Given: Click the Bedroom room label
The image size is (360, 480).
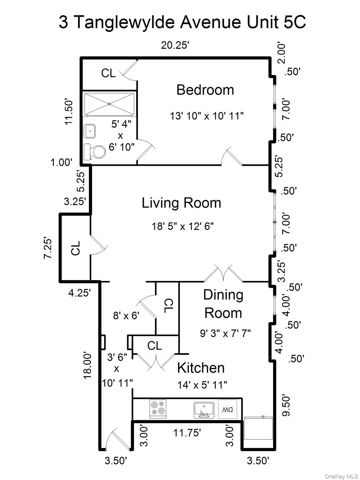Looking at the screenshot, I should [x=205, y=90].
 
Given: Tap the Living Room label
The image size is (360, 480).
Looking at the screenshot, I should [x=181, y=203].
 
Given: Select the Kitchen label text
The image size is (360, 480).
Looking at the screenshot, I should [x=201, y=368].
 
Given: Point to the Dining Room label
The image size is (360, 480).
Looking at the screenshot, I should [x=223, y=304].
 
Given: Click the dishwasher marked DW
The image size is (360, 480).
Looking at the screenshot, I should [x=227, y=409].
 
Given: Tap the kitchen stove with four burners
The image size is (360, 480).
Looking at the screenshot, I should [x=158, y=409].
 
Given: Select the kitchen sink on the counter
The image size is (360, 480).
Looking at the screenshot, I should [x=203, y=409].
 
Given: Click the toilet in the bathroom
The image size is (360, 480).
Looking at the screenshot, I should [x=95, y=152].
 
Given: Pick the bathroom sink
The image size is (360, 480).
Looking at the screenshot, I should [x=90, y=131].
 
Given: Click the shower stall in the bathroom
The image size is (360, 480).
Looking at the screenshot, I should [x=109, y=104].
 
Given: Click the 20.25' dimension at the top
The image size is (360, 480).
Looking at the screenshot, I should [x=175, y=45].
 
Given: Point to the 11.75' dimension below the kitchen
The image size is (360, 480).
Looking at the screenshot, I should [x=187, y=433].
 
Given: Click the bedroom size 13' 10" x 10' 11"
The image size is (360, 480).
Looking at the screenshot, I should [x=207, y=116].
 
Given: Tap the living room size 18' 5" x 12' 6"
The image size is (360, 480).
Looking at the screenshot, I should [x=182, y=226].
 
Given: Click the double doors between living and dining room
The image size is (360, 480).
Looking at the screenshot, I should [x=223, y=274].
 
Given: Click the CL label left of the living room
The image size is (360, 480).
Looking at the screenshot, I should [x=76, y=248].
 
